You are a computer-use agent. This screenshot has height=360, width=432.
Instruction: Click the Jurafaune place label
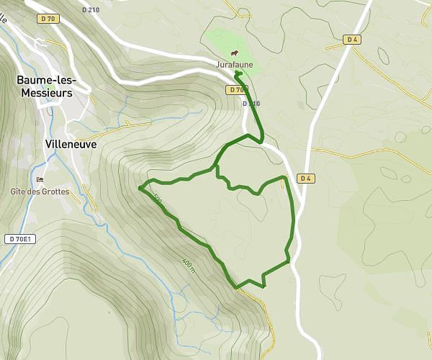pos(235,65)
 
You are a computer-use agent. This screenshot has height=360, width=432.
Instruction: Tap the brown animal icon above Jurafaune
pos(235,53)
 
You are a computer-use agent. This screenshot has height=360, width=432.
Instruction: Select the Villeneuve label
pos(71,143)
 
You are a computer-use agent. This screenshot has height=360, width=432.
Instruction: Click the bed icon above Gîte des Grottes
pos(40,179)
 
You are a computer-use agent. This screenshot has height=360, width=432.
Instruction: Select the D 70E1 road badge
pos(21,238)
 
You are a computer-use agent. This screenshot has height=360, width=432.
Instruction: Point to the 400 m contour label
pos(189,264)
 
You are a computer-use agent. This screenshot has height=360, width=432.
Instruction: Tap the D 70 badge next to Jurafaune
pos(235,90)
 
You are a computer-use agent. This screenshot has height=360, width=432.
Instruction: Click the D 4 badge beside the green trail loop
pos(305,179)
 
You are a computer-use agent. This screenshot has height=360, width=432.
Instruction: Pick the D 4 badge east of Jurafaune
pos(351,40)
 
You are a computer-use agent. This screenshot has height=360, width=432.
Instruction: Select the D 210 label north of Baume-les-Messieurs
pos(91,10)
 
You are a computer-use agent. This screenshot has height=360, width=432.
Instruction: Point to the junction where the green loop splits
pos(216,168)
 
